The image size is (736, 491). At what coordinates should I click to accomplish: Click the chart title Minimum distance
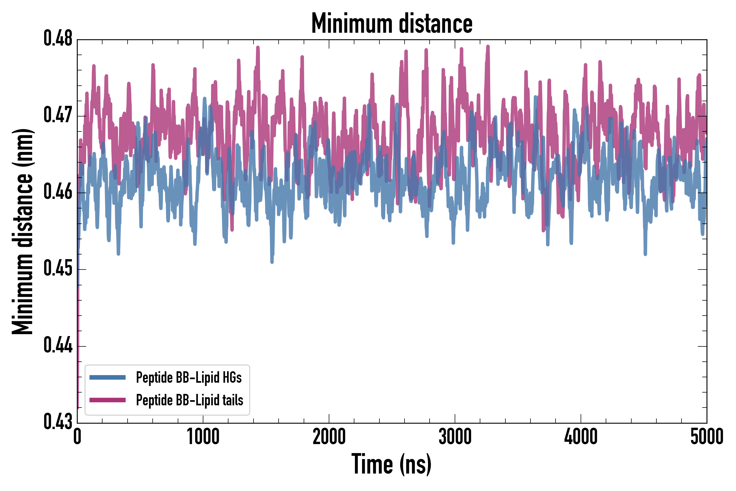(392, 24)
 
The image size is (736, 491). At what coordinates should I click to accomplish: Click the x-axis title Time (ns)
(391, 464)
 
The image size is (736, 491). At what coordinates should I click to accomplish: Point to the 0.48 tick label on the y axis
(58, 38)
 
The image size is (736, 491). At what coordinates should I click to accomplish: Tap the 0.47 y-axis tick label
(58, 115)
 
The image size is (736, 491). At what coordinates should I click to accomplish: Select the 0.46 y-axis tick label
(58, 192)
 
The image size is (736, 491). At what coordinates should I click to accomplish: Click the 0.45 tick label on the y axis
(58, 269)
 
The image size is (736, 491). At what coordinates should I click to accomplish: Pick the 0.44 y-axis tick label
(58, 345)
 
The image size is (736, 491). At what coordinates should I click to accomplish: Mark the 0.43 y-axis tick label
(58, 422)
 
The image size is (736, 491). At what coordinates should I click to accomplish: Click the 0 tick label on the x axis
(77, 437)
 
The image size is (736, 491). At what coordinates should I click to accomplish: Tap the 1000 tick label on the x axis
(203, 437)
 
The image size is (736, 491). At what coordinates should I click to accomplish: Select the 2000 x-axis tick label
(329, 437)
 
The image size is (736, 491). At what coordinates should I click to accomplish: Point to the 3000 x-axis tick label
(455, 437)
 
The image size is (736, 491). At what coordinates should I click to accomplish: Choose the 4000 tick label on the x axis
(581, 437)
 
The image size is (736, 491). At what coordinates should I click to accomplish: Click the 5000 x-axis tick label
(707, 437)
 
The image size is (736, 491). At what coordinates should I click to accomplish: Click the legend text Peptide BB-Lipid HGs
(189, 378)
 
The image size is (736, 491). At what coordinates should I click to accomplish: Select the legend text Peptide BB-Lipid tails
(189, 400)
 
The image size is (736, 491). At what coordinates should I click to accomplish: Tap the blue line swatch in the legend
(107, 377)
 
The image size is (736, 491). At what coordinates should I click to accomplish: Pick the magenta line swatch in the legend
(107, 400)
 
